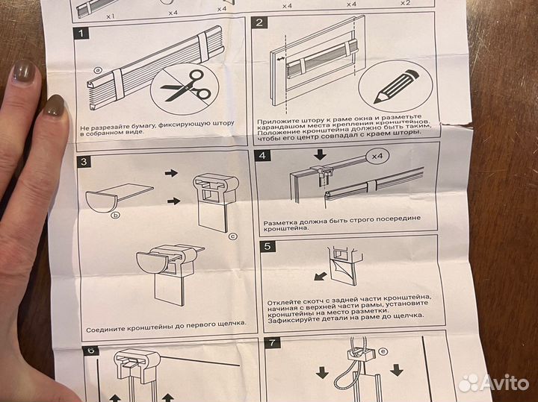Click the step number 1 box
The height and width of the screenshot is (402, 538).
point(81,34)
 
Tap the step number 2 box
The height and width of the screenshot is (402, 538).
point(259,22)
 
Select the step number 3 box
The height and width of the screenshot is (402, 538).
point(84,161)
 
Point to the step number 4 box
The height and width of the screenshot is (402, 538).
point(262,155)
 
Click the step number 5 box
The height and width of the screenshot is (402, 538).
point(268,246)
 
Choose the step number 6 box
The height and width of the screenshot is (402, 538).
point(91,351)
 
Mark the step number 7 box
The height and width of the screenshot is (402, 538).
point(273,342)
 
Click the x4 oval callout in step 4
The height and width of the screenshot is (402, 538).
point(378,156)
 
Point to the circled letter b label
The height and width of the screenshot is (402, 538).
point(117,216)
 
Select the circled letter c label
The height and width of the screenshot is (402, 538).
point(233,236)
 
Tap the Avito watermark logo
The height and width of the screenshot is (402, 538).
point(494,383)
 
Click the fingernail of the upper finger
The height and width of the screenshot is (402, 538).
point(24,71)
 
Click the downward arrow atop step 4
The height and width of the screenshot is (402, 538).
point(320,154)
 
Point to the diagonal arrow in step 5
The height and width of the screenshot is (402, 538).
point(320,276)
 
